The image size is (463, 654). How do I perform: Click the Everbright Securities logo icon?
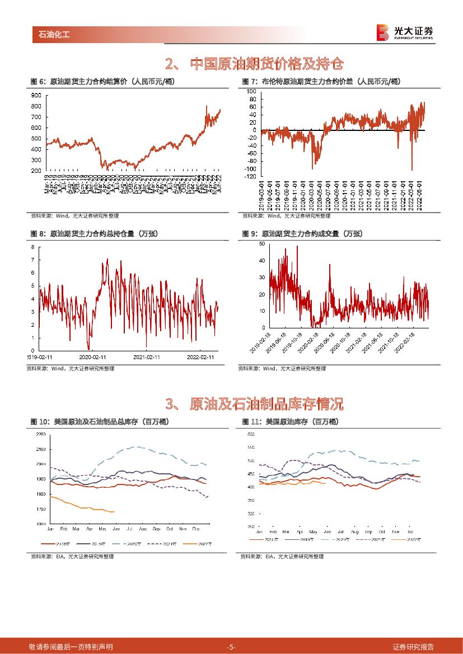coord(382,32)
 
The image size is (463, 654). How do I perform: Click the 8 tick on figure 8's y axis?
coord(33,247)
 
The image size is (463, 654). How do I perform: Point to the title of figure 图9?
coord(302,233)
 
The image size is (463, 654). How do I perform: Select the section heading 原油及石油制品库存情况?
coord(266,403)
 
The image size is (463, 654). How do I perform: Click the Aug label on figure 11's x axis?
coord(355,530)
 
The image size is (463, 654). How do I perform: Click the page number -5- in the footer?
coord(231,647)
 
